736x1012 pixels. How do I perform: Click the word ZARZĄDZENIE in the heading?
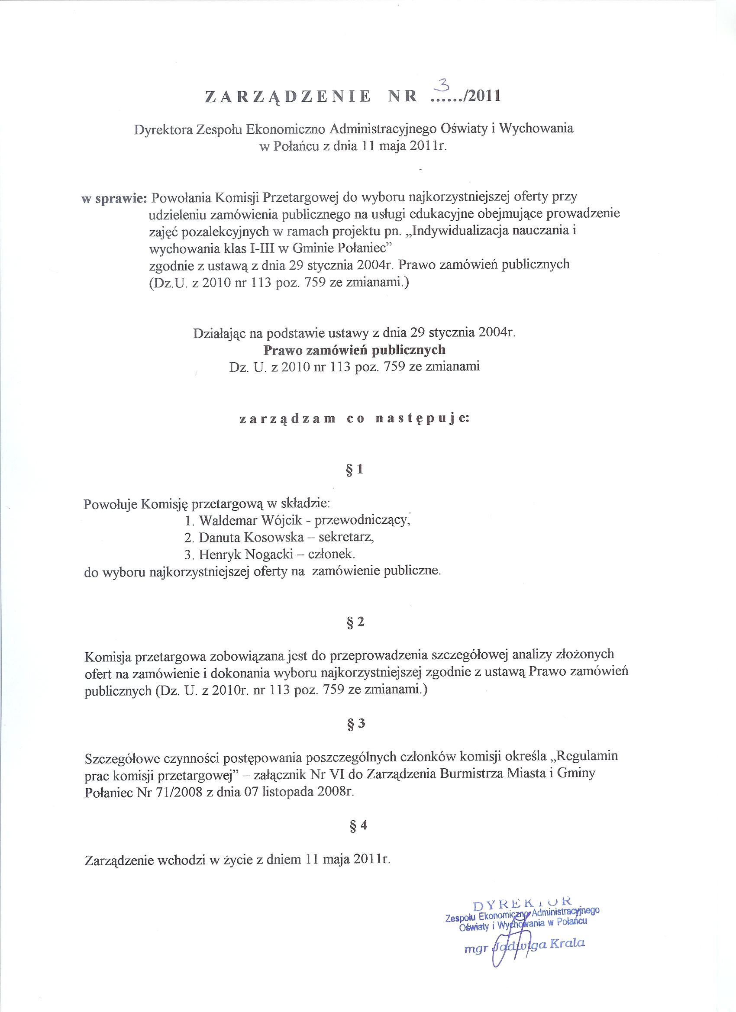point(288,97)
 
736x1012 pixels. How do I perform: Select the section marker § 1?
point(355,470)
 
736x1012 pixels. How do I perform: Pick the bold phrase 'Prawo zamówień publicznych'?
point(355,350)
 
